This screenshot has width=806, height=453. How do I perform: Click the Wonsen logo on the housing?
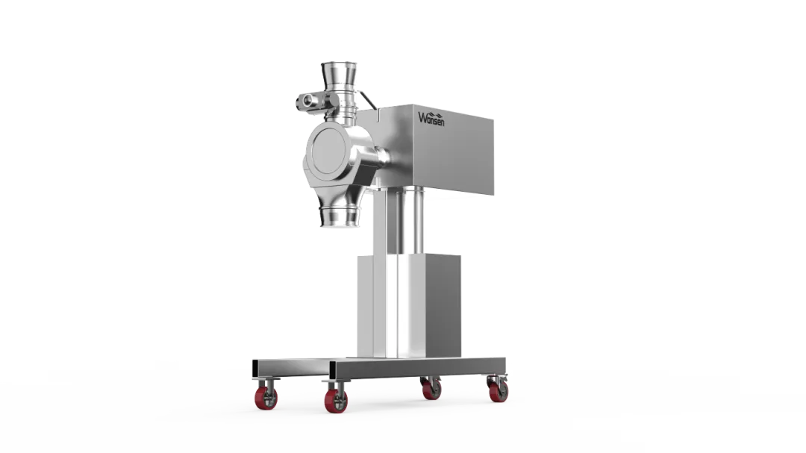click(431, 119)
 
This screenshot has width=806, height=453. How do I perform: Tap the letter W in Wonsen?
click(422, 118)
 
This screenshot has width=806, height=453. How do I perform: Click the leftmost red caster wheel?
click(266, 398)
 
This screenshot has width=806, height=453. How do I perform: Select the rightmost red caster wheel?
click(498, 391)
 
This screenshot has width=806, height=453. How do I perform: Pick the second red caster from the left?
click(336, 401)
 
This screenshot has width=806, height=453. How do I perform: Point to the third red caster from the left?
click(431, 390)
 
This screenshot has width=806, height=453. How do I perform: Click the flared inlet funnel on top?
click(339, 76)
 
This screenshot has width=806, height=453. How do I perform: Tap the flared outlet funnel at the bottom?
click(340, 216)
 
